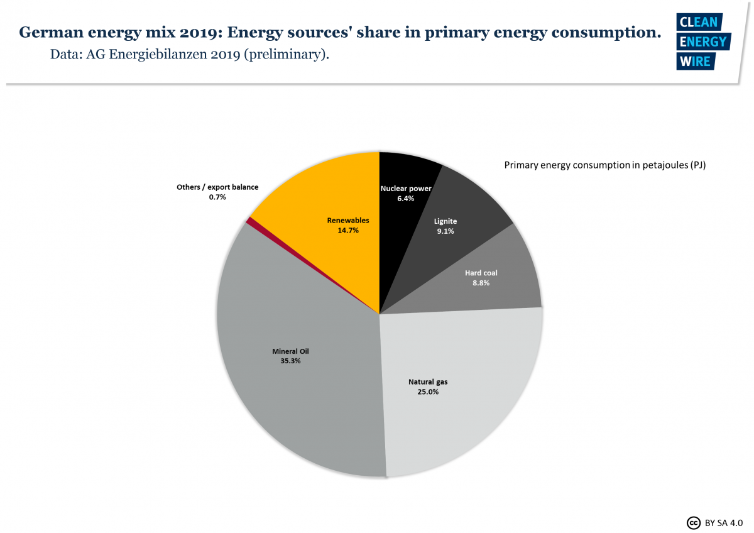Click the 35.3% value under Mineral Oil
(290, 361)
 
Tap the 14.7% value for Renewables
(347, 231)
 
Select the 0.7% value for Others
(217, 197)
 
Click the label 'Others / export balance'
(217, 187)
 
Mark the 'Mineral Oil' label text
(290, 351)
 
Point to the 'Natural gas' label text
(428, 382)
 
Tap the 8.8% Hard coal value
(481, 283)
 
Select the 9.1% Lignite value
(445, 231)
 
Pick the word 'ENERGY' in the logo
(702, 42)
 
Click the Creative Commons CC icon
(693, 522)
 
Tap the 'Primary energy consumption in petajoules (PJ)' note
(605, 165)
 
